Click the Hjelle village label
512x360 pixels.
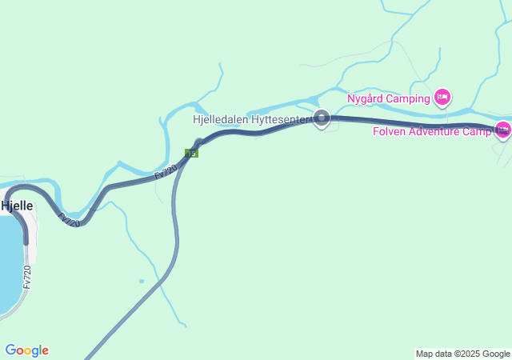pos(17,206)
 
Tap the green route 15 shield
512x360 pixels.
pos(191,153)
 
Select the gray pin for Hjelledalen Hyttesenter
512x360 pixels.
pos(322,118)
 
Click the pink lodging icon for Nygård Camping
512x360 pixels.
pos(442,98)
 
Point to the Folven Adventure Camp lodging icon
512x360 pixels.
pos(503,130)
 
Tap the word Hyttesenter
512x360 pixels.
pos(279,119)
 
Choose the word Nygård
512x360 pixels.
pos(366,99)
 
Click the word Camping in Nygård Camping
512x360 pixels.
pos(408,99)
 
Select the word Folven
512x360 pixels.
pos(390,131)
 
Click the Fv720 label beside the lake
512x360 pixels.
pos(27,277)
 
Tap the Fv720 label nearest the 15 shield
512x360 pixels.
pos(166,170)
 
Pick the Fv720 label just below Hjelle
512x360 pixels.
pos(69,218)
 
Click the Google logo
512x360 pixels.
pos(26,350)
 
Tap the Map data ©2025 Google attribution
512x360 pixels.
pos(462,354)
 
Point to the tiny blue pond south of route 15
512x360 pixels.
pos(142,281)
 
